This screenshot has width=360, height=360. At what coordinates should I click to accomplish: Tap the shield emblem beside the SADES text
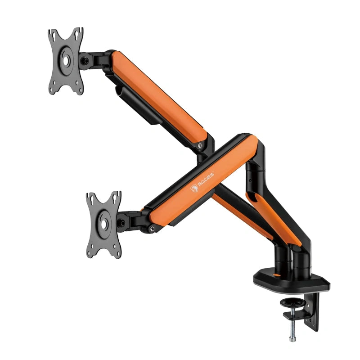coord(194,188)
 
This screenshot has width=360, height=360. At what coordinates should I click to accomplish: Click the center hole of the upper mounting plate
coord(66,61)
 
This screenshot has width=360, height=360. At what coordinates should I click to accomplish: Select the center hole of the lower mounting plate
coord(104,224)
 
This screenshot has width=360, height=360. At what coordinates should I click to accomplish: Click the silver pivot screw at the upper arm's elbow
coord(200,145)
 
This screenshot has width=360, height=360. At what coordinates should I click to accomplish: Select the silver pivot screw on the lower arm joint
coord(152,229)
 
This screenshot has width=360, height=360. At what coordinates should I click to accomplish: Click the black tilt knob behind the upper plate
coord(85,61)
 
